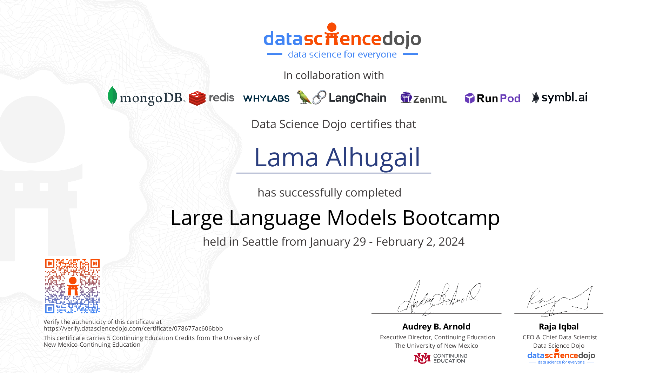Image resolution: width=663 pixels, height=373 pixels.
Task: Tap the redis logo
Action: [211, 98]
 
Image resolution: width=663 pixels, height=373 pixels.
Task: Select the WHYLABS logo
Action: [266, 98]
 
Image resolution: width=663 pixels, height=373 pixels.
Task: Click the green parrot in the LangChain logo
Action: [303, 97]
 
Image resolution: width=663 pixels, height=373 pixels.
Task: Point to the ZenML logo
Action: [423, 98]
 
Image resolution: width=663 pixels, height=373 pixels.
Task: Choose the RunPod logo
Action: [493, 98]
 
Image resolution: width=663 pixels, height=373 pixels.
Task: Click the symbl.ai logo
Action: [560, 98]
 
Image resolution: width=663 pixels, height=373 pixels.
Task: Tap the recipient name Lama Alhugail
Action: [337, 157]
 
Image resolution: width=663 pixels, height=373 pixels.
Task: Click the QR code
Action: [72, 286]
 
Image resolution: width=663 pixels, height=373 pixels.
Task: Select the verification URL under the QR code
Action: [133, 328]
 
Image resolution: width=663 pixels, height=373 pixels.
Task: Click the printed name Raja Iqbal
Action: [559, 327]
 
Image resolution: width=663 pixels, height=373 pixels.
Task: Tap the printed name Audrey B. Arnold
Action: [436, 327]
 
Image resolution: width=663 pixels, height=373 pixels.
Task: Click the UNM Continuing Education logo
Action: [441, 358]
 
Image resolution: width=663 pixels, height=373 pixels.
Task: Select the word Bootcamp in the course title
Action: [451, 218]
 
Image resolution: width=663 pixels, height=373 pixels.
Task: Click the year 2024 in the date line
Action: [451, 241]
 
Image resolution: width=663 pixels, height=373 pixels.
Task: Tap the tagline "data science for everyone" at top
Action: [342, 54]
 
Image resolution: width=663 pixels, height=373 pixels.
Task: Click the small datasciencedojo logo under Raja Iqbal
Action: [561, 357]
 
